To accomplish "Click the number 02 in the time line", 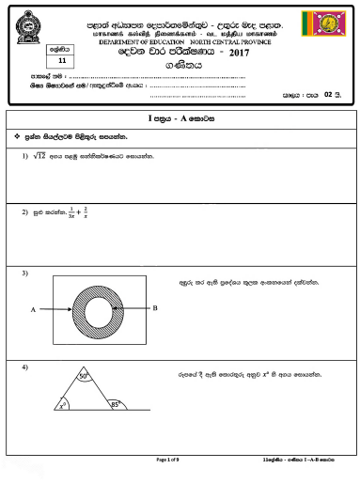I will [326, 95].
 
